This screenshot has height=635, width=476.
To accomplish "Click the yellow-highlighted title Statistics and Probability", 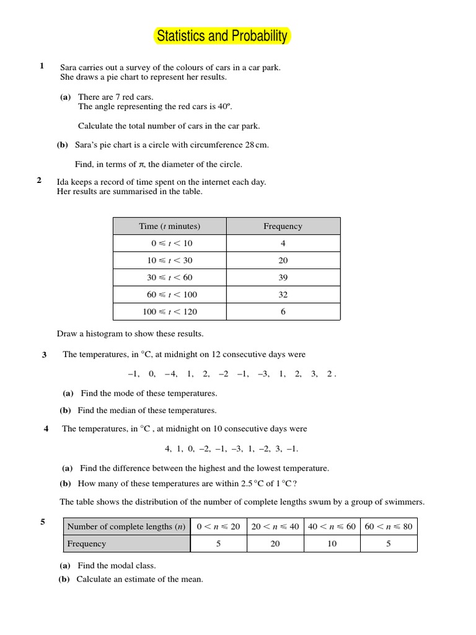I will pyautogui.click(x=222, y=37).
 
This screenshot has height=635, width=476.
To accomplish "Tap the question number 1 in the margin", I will pyautogui.click(x=42, y=66).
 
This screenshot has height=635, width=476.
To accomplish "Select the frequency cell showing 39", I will pyautogui.click(x=283, y=277).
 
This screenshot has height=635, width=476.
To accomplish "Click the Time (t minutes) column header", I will pyautogui.click(x=169, y=226).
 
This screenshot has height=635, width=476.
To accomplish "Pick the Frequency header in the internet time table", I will pyautogui.click(x=283, y=226).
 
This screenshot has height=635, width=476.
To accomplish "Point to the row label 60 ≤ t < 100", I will pyautogui.click(x=169, y=295).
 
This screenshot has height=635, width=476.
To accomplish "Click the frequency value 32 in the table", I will pyautogui.click(x=283, y=295).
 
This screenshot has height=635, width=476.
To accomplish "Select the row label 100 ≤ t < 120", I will pyautogui.click(x=169, y=312).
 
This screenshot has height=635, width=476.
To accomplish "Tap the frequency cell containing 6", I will pyautogui.click(x=283, y=312).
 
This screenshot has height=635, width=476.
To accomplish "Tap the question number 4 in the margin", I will pyautogui.click(x=46, y=429).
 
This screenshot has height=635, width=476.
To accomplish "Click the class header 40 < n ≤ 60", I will pyautogui.click(x=332, y=526).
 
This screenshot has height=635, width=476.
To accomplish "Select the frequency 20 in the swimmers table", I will pyautogui.click(x=275, y=544).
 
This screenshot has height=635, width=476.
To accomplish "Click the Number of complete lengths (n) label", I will pyautogui.click(x=126, y=526).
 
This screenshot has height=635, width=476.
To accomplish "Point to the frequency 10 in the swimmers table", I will pyautogui.click(x=332, y=544).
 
